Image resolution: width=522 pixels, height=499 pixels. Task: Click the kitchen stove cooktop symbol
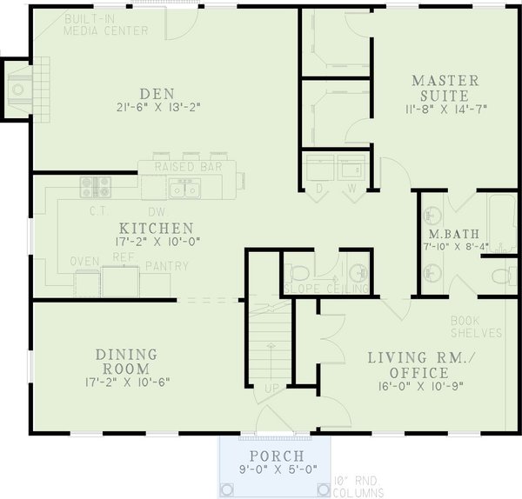tap(96, 186)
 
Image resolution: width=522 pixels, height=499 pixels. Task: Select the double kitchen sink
tap(184, 187)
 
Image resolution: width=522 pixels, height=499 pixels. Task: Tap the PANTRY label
tap(166, 266)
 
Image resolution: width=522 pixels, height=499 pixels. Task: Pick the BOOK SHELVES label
tap(476, 326)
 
